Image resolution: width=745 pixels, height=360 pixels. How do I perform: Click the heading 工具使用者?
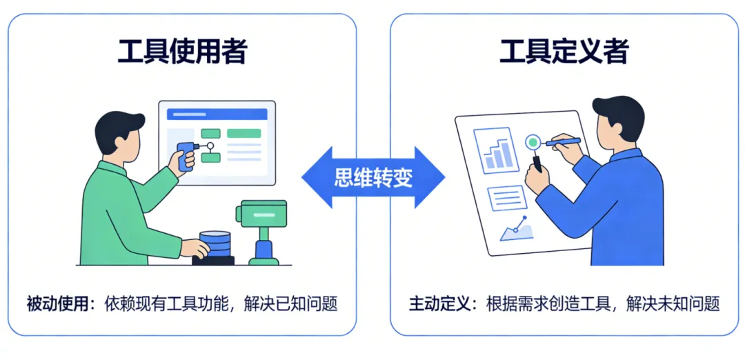[x=182, y=52]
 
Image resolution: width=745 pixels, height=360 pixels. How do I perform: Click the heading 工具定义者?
[x=564, y=52]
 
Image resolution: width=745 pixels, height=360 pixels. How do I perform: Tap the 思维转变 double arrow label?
[x=373, y=178]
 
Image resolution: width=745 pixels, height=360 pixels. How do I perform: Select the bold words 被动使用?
[x=57, y=303]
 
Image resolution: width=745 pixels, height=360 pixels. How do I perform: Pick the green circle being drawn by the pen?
[x=533, y=143]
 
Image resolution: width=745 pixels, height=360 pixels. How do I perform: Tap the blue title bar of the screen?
[x=217, y=113]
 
